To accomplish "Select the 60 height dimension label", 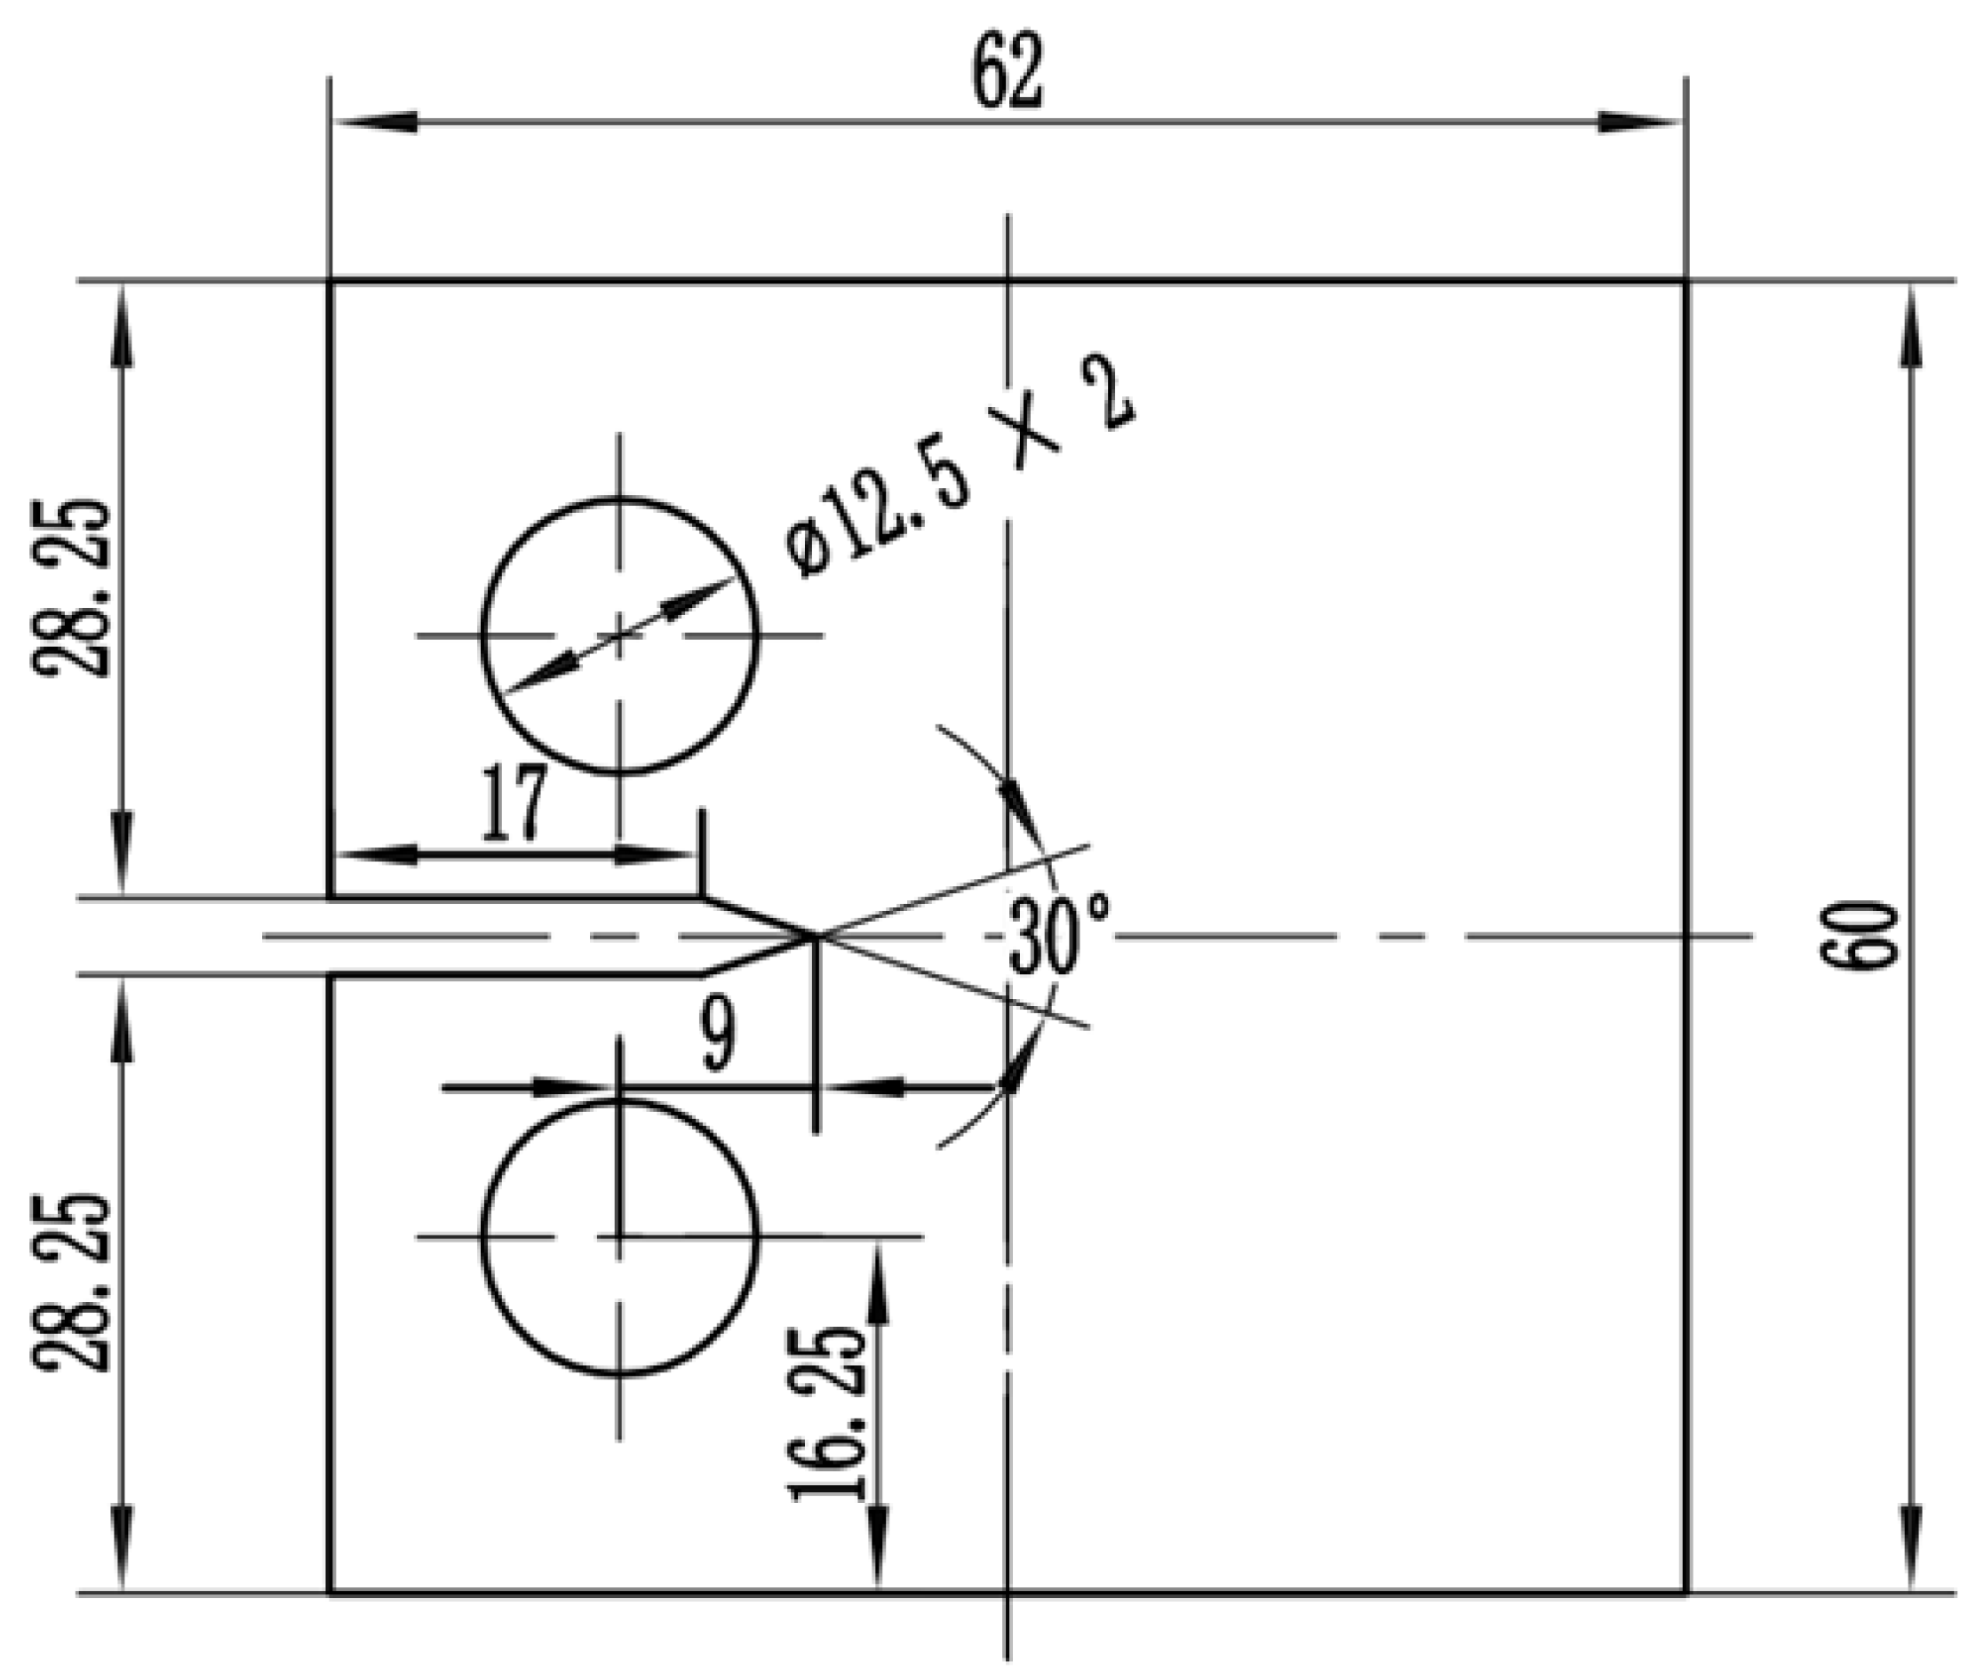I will [1859, 936].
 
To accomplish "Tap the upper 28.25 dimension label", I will [72, 587].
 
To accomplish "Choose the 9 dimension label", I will [717, 1036].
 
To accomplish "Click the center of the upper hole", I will [620, 635].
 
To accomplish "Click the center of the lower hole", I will [620, 1236].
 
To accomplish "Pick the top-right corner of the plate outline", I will [1685, 282].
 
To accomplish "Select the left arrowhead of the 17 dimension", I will [376, 854].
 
